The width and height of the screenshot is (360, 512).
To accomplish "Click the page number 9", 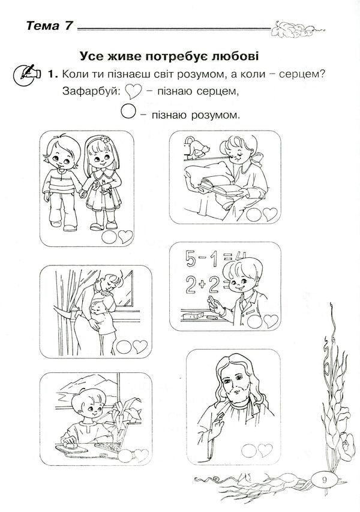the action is coord(325,480).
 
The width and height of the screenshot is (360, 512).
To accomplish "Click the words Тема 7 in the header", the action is coord(49,26).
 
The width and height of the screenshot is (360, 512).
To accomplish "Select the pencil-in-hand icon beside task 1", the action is coord(27,76).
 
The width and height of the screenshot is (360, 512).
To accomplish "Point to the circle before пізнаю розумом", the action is coord(128,112).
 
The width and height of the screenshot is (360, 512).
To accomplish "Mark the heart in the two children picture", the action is coord(126,236).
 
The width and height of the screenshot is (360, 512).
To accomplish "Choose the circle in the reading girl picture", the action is coord(254,215).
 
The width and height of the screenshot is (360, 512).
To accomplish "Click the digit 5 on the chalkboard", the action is coord(191,258).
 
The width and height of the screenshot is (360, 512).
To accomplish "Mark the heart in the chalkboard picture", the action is coord(271,321).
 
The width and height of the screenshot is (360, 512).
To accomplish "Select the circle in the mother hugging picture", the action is coord(124,347).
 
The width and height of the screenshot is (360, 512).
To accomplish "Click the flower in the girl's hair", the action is coord(104,138).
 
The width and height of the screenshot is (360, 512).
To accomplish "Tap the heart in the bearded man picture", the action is coord(265,450).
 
